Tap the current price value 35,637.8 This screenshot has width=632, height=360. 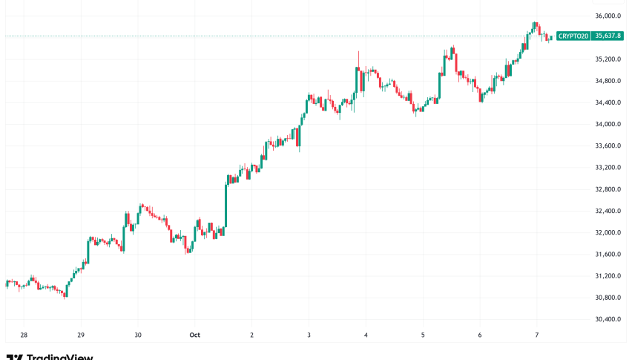(610, 36)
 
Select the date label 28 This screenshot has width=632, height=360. (24, 335)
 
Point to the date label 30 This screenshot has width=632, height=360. (138, 335)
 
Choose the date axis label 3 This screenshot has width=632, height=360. (309, 335)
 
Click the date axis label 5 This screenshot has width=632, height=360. (423, 335)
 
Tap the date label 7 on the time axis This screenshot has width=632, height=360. (537, 335)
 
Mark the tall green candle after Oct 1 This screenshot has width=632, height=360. (226, 203)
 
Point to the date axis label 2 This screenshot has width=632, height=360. (252, 335)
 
